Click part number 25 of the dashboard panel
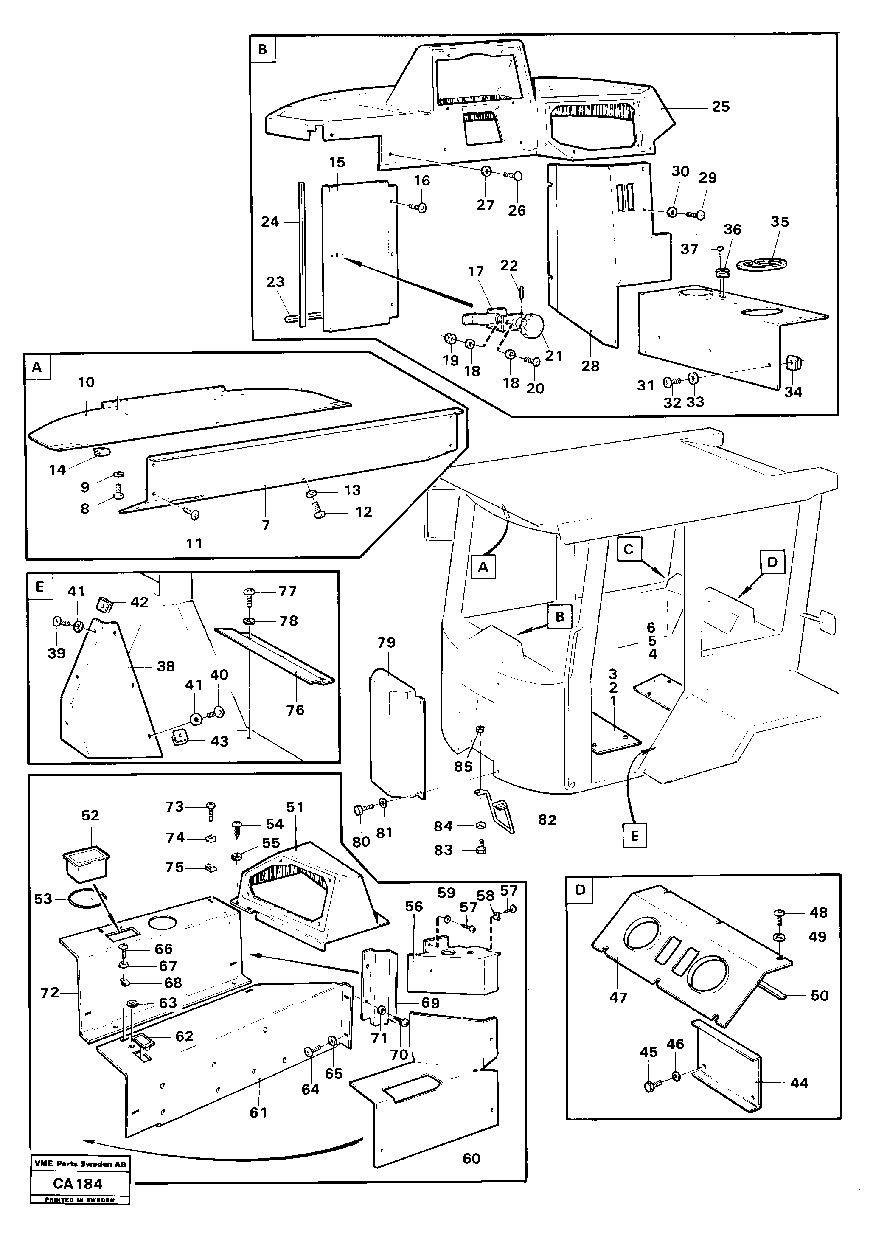click(720, 106)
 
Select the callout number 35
click(779, 222)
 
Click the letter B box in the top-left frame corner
click(262, 49)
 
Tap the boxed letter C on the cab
click(628, 549)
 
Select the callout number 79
click(386, 643)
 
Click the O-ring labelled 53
click(84, 901)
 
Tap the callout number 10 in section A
click(86, 382)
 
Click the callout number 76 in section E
click(295, 710)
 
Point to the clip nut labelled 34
click(793, 361)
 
